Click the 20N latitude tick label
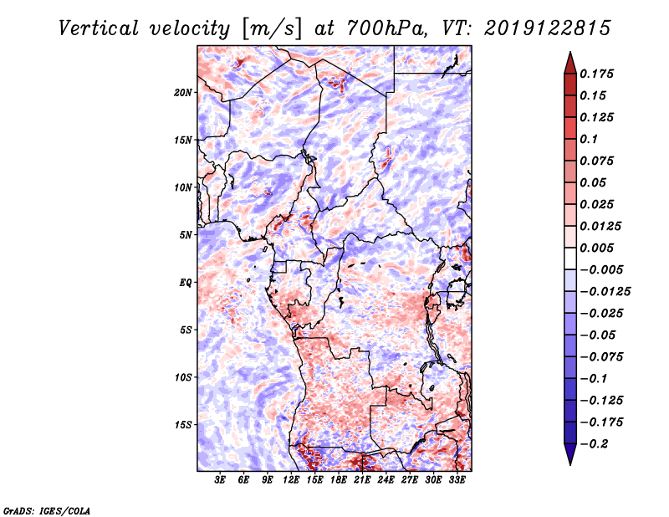[183, 93]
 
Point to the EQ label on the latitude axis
[185, 283]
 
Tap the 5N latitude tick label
[186, 235]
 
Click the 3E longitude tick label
[220, 480]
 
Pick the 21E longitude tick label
[362, 480]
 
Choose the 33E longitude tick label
[457, 480]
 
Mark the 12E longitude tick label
[290, 480]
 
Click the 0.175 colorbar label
[596, 74]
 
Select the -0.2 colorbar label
[595, 444]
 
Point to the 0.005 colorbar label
[596, 248]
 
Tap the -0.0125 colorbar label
[605, 292]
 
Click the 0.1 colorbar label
[589, 139]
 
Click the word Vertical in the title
[99, 28]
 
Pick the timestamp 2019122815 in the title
[548, 28]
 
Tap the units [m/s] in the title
[272, 29]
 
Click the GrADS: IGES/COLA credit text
[47, 510]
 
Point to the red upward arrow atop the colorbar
[570, 63]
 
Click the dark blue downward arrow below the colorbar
[570, 454]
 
